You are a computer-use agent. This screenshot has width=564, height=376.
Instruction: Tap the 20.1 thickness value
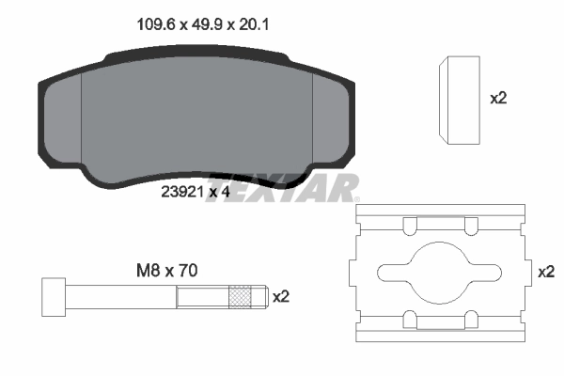point(251,27)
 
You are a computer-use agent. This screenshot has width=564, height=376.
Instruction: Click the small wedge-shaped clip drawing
point(460,100)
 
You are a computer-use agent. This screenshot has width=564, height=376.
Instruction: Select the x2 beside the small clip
point(499,98)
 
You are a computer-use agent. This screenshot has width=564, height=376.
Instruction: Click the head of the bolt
point(54,298)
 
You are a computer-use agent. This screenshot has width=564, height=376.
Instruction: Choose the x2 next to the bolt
point(280,297)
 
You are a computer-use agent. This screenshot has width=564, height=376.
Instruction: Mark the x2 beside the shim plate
point(544,271)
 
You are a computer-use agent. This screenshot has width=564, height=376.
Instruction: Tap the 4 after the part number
point(227,192)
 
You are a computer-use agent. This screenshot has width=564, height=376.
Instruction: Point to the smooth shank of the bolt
point(122,298)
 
